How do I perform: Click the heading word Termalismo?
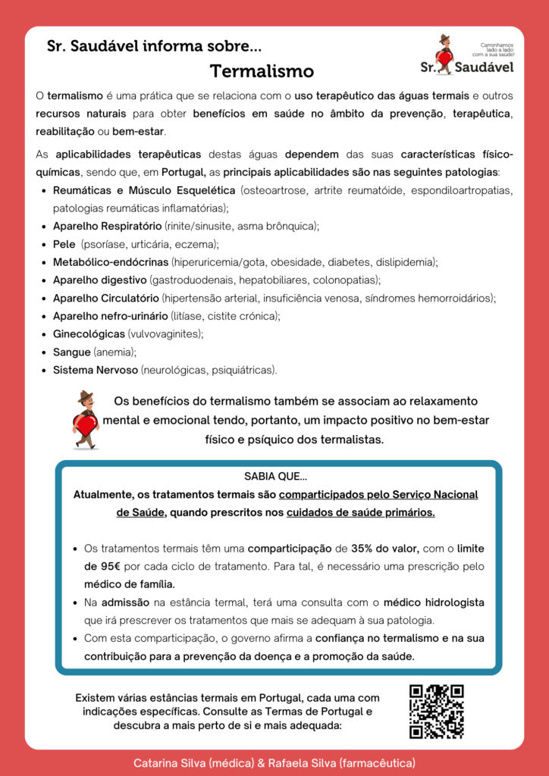pyautogui.click(x=262, y=72)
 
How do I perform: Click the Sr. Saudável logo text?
pyautogui.click(x=466, y=67)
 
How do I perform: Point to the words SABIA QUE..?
pyautogui.click(x=275, y=477)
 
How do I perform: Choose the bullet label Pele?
pyautogui.click(x=64, y=244)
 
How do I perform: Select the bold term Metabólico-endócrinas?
pyautogui.click(x=111, y=262)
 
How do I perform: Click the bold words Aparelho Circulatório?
pyautogui.click(x=105, y=298)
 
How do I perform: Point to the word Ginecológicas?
pyautogui.click(x=89, y=334)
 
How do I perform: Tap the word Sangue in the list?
pyautogui.click(x=71, y=352)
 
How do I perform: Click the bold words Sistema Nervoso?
pyautogui.click(x=96, y=371)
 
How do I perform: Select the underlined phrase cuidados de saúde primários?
pyautogui.click(x=361, y=512)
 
